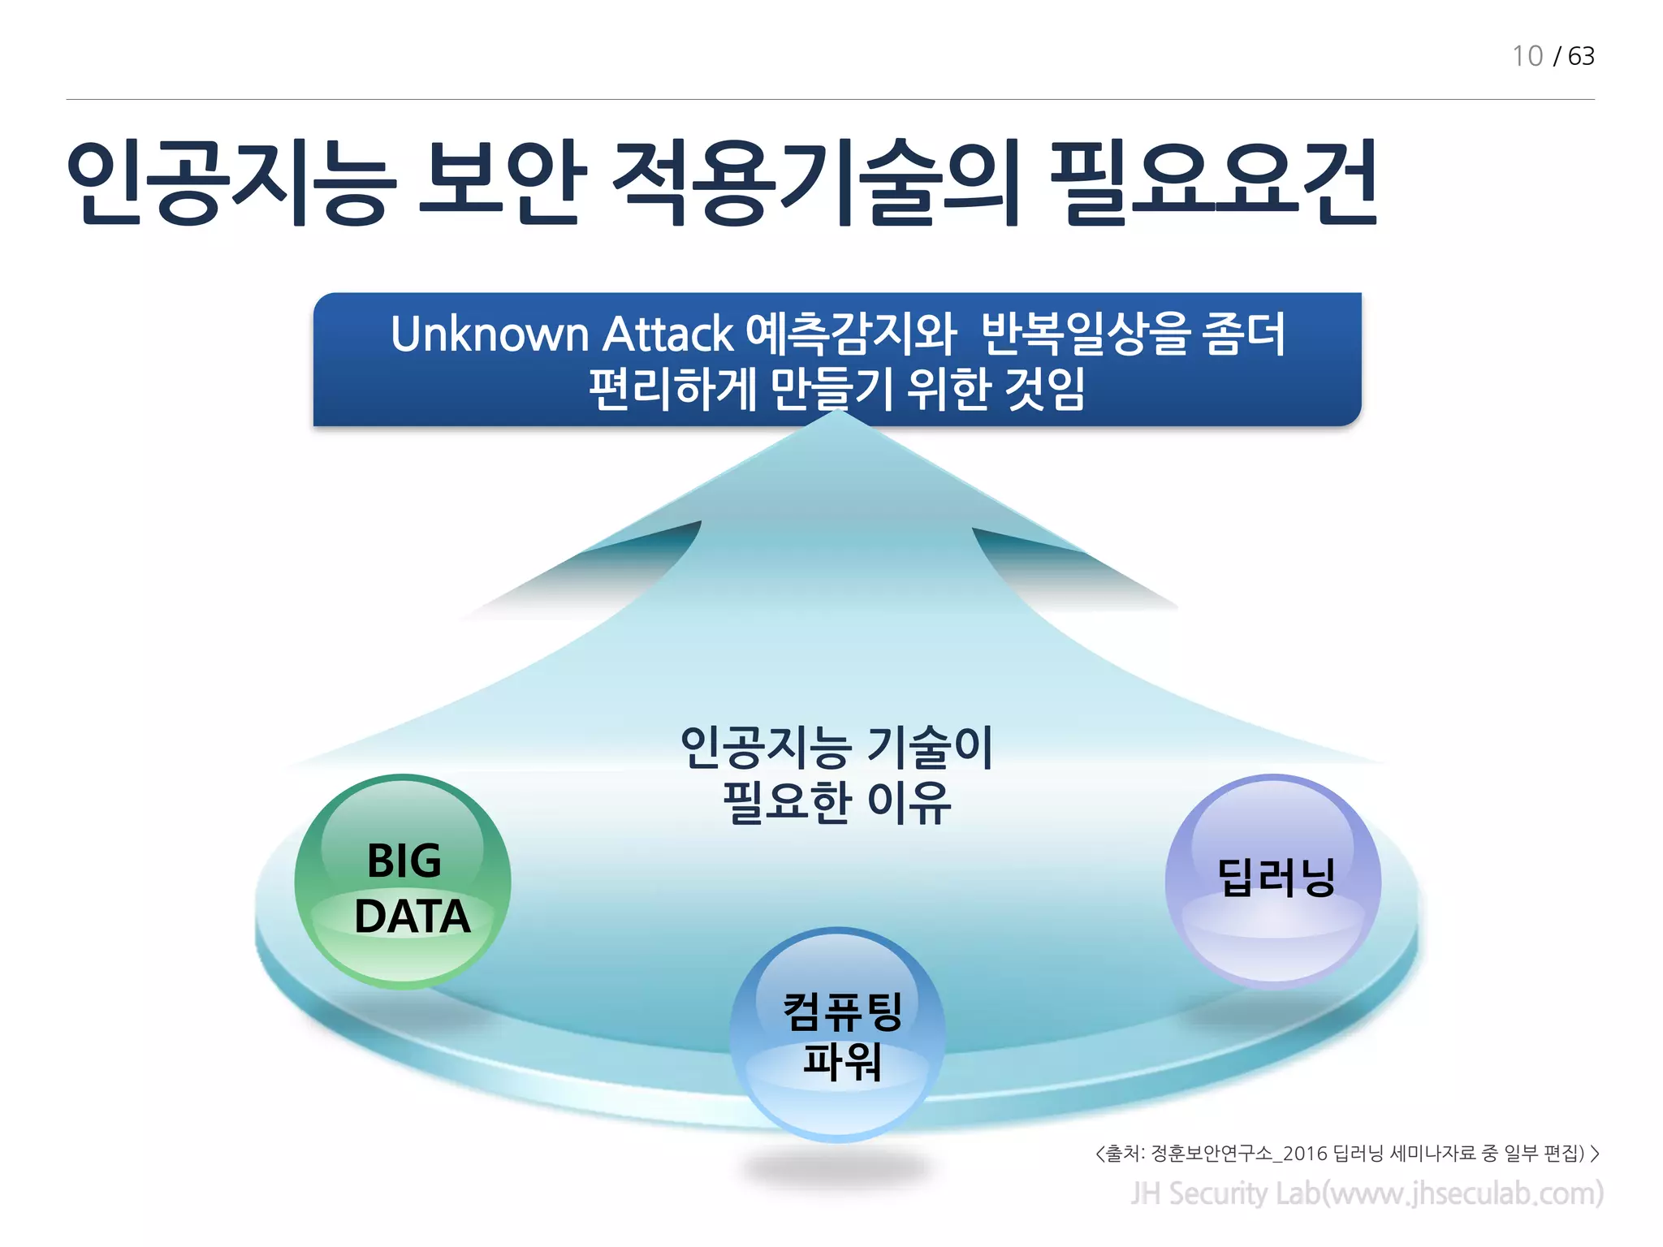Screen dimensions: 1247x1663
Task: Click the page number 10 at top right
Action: click(x=1527, y=56)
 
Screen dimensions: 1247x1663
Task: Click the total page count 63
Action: click(x=1581, y=56)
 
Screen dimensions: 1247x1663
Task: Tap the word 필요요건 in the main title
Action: click(x=1213, y=183)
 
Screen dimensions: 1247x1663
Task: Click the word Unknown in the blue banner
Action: click(x=489, y=334)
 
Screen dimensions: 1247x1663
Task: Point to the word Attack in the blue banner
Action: click(x=667, y=334)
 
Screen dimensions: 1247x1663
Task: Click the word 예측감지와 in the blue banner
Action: click(x=850, y=334)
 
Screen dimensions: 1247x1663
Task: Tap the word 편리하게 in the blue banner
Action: click(x=672, y=389)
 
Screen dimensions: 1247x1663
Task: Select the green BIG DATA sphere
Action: click(x=403, y=881)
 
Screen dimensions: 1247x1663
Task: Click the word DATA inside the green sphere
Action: click(x=412, y=917)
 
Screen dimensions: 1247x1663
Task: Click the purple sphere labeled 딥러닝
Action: click(x=1272, y=881)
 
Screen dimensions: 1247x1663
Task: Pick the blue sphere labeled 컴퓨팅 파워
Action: click(x=838, y=1034)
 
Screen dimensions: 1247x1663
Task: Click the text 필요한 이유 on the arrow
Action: click(x=836, y=802)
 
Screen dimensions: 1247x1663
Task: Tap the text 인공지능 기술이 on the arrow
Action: click(x=836, y=747)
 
